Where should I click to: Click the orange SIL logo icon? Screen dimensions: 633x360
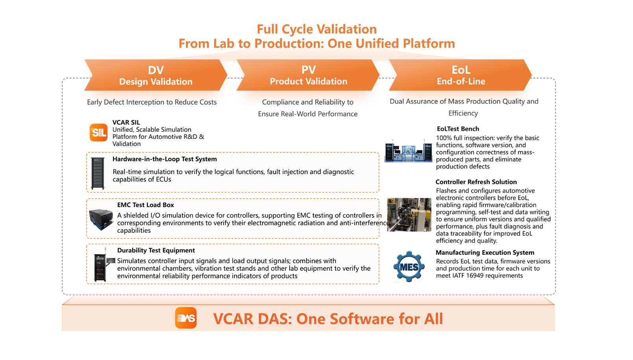98,133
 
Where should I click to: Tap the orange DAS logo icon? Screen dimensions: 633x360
186,318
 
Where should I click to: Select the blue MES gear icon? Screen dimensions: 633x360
409,266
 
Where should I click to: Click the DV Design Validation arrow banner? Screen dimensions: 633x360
156,75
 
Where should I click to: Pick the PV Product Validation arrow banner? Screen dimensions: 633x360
308,75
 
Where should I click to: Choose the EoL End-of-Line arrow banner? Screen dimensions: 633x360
460,75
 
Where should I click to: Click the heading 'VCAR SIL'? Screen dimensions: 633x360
126,122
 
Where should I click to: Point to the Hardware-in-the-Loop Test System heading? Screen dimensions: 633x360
165,159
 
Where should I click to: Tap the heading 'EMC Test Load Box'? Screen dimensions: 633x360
146,205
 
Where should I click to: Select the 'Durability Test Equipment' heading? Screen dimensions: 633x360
156,250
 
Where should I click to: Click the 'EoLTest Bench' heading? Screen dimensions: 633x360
458,129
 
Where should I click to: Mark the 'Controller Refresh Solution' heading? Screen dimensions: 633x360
476,182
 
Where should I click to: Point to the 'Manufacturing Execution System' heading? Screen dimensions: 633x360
485,253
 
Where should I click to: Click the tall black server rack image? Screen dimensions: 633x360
98,173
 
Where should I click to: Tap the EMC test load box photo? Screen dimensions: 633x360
101,219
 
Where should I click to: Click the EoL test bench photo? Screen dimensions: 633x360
408,150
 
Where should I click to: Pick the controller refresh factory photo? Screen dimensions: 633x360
409,214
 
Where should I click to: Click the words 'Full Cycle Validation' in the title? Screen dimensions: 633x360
316,29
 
